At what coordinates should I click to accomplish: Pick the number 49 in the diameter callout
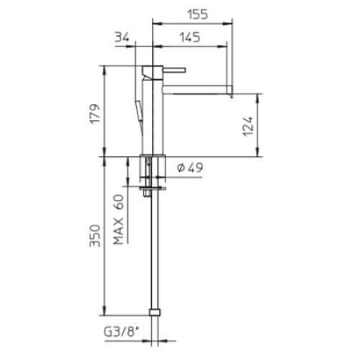click(196, 168)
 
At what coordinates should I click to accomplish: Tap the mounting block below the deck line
click(153, 168)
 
